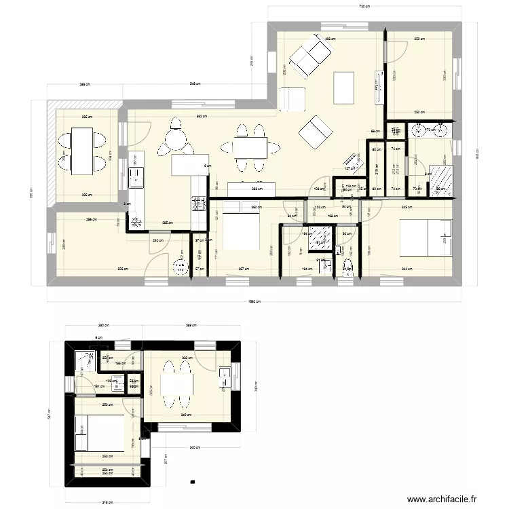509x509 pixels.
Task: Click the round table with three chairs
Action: click(176, 139)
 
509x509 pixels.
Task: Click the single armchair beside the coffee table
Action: click(293, 98)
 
